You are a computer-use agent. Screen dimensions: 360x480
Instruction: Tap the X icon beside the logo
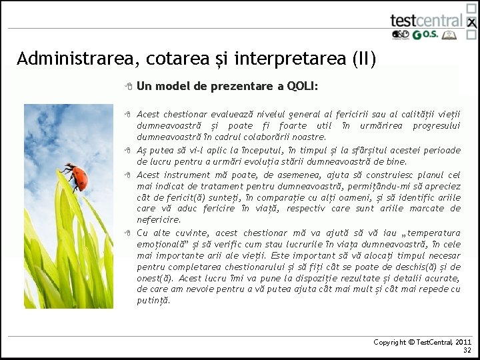pos(471,23)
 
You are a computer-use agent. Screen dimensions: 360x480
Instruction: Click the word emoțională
pos(163,245)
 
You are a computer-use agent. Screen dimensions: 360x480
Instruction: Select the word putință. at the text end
pos(153,301)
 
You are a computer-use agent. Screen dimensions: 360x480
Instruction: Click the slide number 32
pos(467,351)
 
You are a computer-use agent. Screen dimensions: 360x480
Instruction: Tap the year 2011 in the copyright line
pos(463,342)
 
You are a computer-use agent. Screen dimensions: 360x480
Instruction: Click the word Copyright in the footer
pos(390,342)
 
